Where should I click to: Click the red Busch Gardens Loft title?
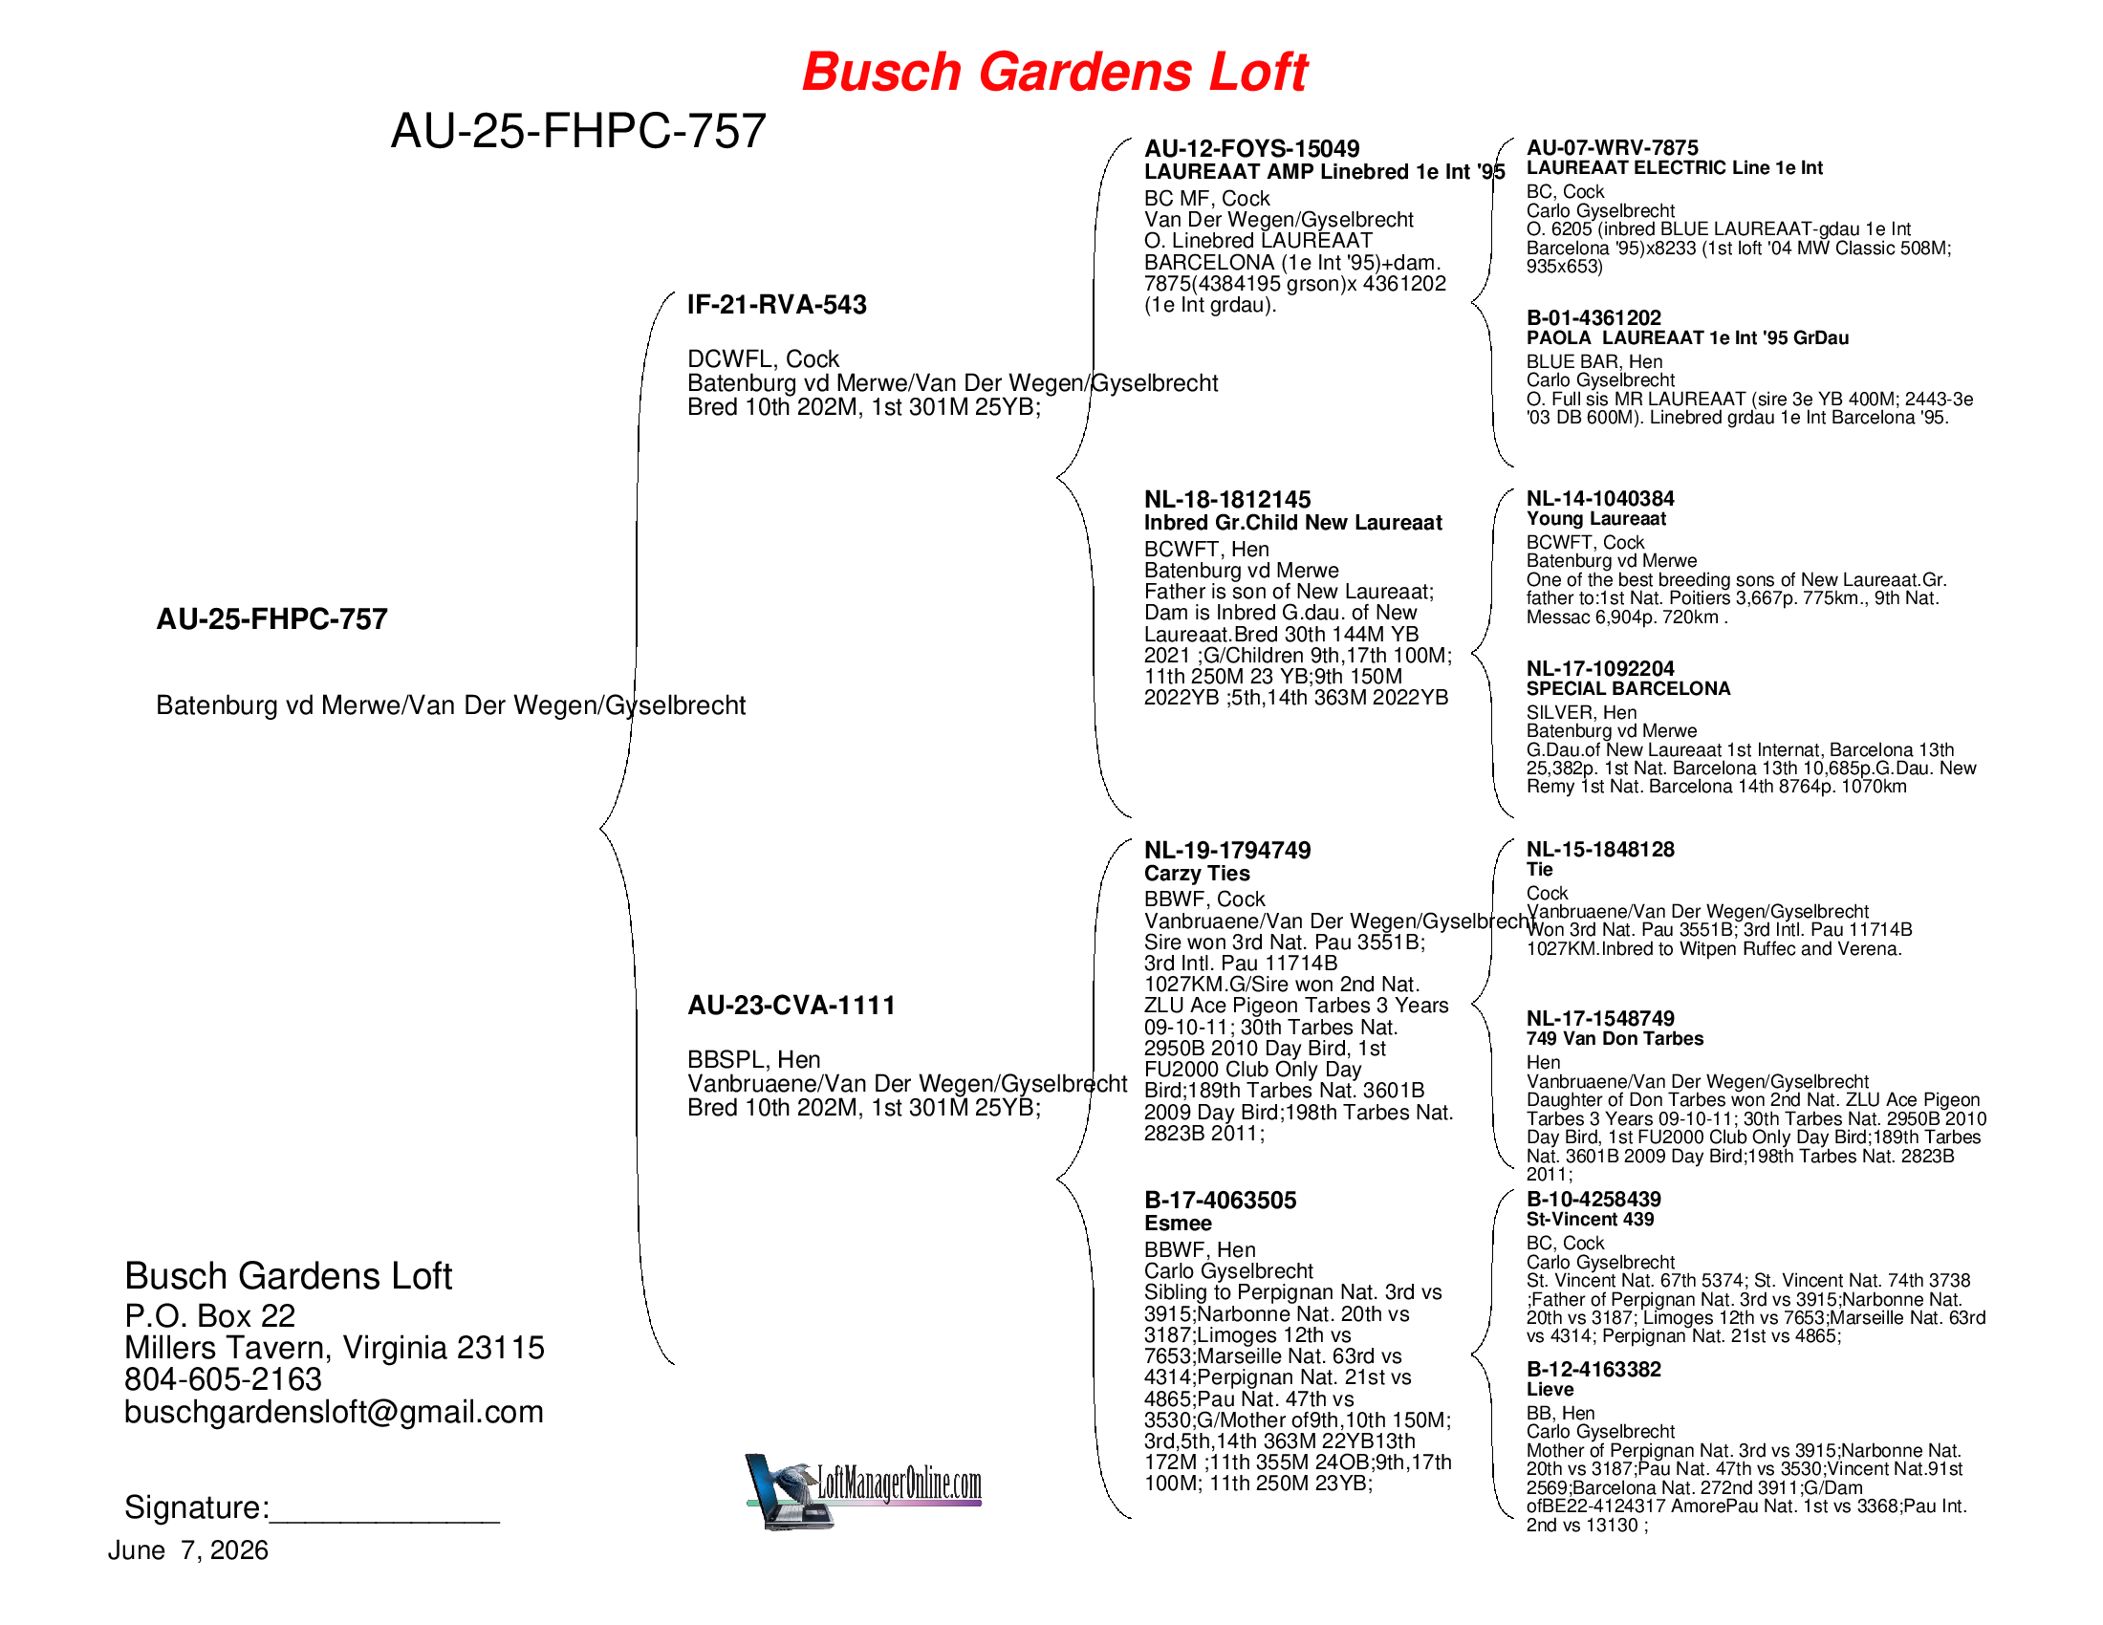coord(1054,74)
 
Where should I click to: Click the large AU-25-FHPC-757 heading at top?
coord(578,131)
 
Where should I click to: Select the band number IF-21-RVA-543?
coord(777,305)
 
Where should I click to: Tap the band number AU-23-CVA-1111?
coord(791,1006)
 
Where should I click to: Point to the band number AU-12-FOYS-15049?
coord(1252,149)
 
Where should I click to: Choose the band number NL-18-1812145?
coord(1227,500)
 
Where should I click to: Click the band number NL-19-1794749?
coord(1227,850)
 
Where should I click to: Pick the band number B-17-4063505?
coord(1220,1201)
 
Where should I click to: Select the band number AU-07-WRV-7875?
coord(1613,148)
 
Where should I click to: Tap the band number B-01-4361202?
coord(1594,317)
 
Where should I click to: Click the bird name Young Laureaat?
coord(1596,519)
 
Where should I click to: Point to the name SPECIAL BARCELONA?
coord(1629,688)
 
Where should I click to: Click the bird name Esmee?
coord(1178,1224)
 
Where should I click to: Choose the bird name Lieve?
coord(1550,1389)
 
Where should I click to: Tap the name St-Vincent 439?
coord(1591,1220)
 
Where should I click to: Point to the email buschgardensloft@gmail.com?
coord(335,1412)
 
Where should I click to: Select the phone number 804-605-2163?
coord(224,1379)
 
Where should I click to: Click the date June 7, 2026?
coord(187,1550)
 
